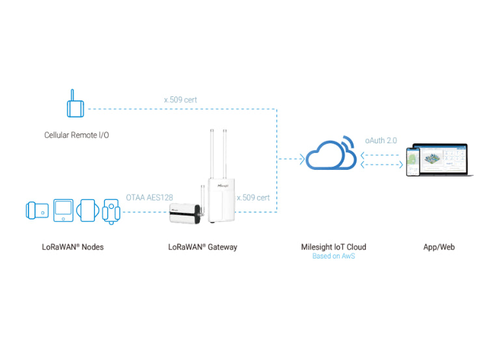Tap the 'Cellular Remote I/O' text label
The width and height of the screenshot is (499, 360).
(76, 135)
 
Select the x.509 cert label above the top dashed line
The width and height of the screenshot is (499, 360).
(180, 100)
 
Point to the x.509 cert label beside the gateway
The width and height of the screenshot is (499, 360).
(253, 197)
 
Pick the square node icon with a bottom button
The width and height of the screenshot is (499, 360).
(64, 210)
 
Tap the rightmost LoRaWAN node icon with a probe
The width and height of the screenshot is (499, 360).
(112, 212)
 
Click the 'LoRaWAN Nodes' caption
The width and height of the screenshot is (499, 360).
(73, 247)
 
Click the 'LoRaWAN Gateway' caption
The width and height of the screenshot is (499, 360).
(202, 247)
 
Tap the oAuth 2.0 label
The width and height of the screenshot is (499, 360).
(381, 140)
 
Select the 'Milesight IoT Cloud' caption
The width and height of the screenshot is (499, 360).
(333, 247)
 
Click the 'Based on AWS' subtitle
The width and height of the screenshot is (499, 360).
(333, 256)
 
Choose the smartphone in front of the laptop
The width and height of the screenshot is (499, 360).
(413, 161)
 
